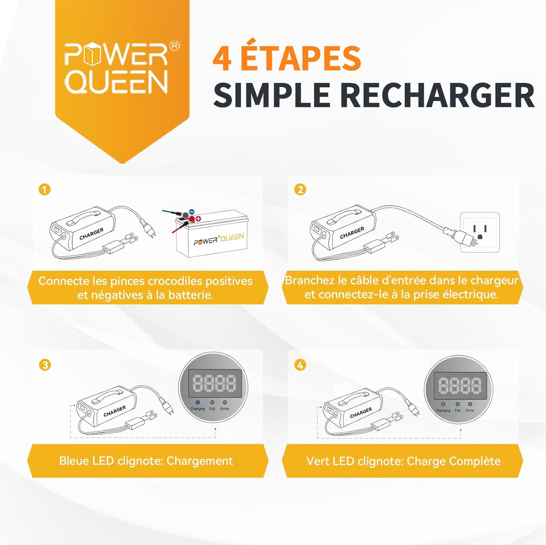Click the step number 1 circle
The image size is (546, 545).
tap(45, 190)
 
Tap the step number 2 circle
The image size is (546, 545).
tap(300, 190)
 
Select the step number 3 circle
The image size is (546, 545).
tap(45, 365)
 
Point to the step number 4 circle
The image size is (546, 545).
tap(300, 365)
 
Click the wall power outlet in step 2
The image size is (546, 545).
tap(480, 232)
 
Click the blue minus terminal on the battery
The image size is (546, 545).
tap(192, 212)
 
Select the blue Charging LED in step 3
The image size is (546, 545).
tap(198, 402)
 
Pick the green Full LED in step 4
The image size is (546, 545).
tap(457, 404)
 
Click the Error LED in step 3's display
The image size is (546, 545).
tap(225, 402)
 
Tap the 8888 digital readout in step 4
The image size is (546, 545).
tap(460, 385)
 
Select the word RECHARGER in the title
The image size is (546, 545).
tap(437, 96)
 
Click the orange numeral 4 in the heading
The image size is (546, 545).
tap(222, 59)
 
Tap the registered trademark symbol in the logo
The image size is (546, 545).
tap(175, 46)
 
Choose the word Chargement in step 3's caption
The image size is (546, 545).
tap(199, 461)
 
